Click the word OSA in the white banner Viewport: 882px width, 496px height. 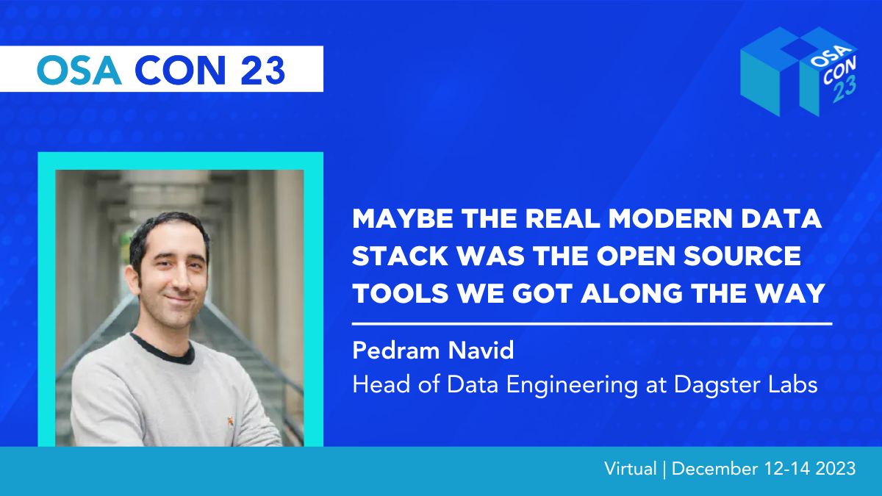[x=79, y=70]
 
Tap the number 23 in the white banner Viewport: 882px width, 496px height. [x=262, y=70]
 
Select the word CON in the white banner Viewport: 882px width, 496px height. [x=180, y=70]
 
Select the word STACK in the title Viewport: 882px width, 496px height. [x=400, y=256]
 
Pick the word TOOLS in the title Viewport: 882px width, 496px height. [x=401, y=293]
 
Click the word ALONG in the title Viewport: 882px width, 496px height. [x=632, y=293]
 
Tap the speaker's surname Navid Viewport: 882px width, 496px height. [x=481, y=351]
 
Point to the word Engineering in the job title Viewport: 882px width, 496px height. [x=572, y=385]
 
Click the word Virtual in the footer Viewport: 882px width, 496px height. [x=631, y=469]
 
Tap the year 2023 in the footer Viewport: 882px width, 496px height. [x=836, y=469]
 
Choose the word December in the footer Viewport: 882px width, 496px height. [x=714, y=469]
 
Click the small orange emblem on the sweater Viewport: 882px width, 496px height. [x=230, y=422]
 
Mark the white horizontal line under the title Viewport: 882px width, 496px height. [x=592, y=324]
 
